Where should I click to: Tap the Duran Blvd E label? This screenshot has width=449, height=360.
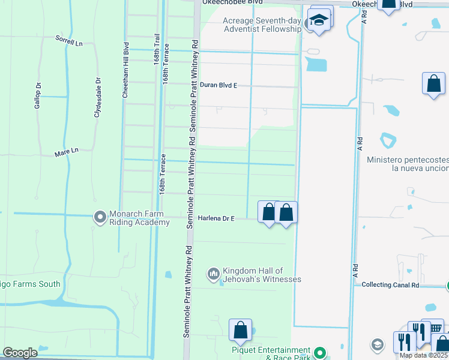tap(218, 85)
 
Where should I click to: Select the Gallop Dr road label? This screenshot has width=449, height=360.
tap(38, 96)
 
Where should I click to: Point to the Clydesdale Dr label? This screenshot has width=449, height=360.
tap(97, 97)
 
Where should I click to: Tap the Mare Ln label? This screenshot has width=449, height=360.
tap(67, 152)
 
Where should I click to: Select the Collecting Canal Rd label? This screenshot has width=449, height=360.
tap(390, 285)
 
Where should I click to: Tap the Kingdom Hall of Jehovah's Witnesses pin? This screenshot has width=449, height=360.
tap(213, 275)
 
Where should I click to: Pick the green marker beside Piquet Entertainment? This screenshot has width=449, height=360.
tap(321, 353)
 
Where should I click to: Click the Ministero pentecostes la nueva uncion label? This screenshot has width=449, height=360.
tap(408, 164)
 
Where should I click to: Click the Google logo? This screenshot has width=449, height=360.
tap(20, 353)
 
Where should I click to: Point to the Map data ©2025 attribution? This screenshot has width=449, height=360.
tap(423, 355)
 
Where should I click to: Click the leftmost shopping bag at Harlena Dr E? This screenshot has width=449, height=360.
tap(268, 212)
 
